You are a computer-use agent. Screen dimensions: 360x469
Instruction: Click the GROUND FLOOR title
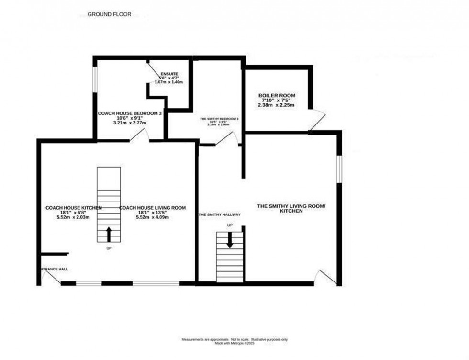[109, 14]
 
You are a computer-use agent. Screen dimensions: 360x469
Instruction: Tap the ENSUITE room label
[169, 74]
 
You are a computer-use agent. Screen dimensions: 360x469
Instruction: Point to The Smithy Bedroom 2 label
[219, 118]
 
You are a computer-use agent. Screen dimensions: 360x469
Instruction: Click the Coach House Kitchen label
[74, 208]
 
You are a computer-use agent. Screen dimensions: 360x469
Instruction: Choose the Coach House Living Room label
[152, 208]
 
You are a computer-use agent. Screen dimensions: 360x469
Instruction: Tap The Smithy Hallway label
[219, 215]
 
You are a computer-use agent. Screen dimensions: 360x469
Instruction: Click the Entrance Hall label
[53, 269]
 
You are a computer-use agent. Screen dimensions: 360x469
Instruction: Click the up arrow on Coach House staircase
[109, 234]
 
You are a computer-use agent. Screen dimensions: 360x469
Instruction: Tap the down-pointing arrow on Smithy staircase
[230, 240]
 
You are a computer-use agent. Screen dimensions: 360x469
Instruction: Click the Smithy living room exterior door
[328, 277]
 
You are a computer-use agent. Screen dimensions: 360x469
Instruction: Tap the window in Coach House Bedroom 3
[95, 78]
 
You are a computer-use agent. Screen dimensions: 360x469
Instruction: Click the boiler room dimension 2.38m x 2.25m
[277, 105]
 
